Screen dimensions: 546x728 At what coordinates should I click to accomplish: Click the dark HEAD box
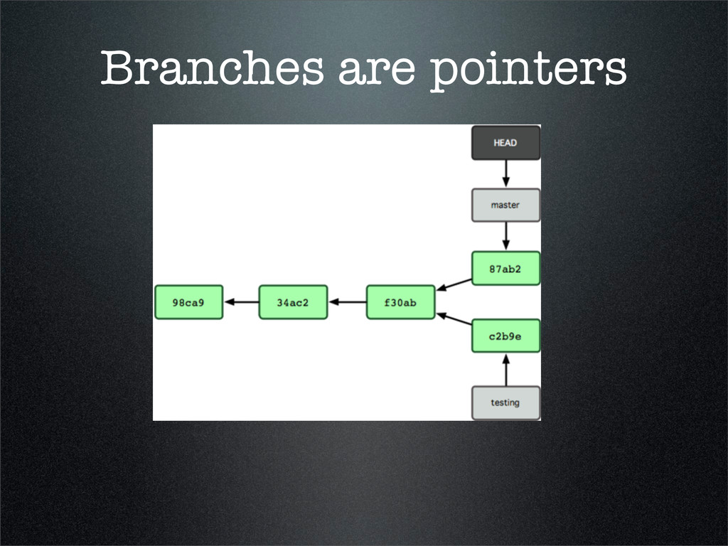505,143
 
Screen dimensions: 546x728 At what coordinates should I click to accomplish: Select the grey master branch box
505,205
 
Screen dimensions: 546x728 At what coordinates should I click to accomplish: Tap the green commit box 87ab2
505,269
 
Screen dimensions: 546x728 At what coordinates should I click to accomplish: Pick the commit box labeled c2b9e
505,336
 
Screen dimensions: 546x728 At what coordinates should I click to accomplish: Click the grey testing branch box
505,403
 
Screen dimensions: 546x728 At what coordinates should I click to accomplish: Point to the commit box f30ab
400,302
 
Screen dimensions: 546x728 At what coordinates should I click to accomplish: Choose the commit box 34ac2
293,302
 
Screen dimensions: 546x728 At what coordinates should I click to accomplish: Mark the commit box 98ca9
188,302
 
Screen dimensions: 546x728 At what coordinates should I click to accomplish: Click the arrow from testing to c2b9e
505,370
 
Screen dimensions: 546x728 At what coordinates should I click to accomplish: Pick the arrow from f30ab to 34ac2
347,302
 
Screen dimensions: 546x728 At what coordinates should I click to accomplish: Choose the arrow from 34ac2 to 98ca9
241,302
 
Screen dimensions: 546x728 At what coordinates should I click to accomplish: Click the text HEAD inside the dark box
505,143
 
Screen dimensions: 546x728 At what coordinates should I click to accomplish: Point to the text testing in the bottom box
505,403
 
